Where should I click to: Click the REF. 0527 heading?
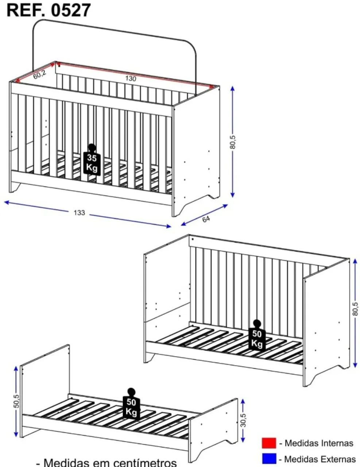(x=49, y=10)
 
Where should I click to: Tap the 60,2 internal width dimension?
(x=40, y=74)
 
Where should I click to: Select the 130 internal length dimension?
(x=131, y=78)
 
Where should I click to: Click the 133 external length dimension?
(x=79, y=213)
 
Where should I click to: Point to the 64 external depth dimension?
(x=206, y=219)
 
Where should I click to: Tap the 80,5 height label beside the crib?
(x=233, y=142)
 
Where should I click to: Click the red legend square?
(x=269, y=443)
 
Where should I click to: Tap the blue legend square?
(x=269, y=458)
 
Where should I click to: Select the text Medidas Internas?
(x=319, y=443)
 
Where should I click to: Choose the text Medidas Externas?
(x=320, y=459)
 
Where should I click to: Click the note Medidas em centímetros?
(x=110, y=462)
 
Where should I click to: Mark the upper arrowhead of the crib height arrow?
(x=232, y=89)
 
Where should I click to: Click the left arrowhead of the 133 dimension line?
(x=7, y=202)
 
